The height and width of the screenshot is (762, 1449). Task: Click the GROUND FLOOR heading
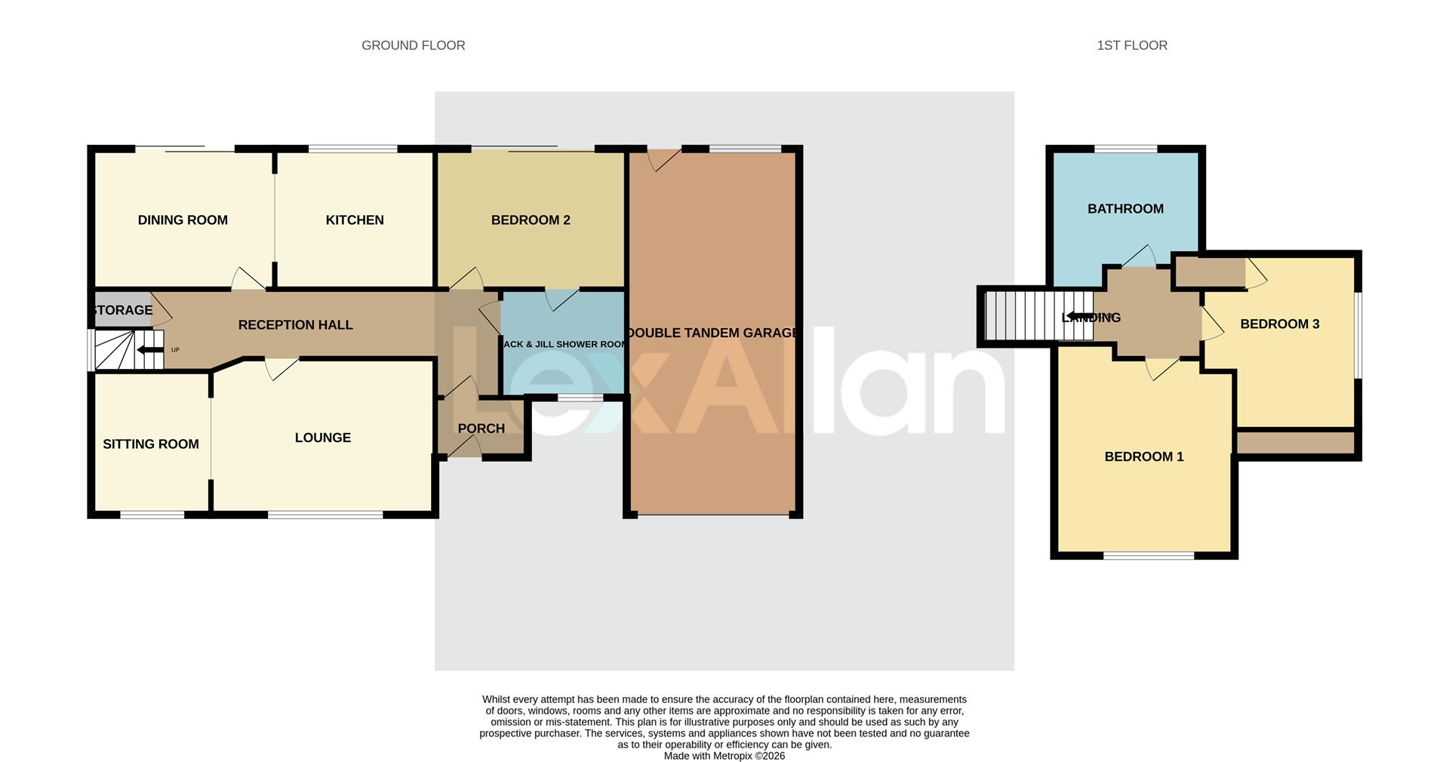pos(413,45)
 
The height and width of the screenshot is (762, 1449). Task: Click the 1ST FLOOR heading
pos(1131,45)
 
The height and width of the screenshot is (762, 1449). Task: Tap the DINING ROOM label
pos(183,220)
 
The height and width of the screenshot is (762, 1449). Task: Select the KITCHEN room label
pos(355,220)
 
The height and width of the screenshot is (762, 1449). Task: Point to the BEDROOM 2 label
pos(531,220)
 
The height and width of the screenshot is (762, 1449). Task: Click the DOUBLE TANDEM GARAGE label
pos(712,333)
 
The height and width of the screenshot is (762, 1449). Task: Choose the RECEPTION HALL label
pos(295,325)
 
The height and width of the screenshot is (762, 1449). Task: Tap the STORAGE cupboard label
pos(123,310)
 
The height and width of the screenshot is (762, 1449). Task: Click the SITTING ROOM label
pos(151,444)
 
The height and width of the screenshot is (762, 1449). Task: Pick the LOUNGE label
pos(322,438)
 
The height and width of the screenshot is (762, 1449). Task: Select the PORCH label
pos(481,429)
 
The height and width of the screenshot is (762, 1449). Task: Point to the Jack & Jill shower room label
pos(565,344)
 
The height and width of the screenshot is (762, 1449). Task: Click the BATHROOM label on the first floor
pos(1125,209)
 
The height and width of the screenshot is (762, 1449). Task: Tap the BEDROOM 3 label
pos(1279,324)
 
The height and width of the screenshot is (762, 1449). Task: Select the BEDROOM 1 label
pos(1143,456)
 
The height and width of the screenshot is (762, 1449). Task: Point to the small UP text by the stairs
pos(175,350)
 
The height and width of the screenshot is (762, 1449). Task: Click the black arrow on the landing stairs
pos(1081,316)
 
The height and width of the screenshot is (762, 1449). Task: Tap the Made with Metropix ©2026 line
pos(724,756)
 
